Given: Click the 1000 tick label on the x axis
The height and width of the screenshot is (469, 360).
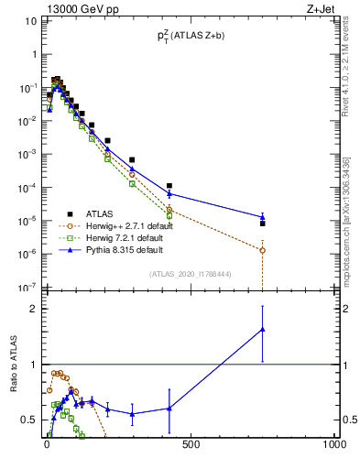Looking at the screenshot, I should (x=333, y=445).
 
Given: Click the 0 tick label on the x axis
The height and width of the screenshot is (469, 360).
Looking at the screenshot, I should (x=47, y=445).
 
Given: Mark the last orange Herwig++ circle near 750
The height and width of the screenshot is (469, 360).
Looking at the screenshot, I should (x=263, y=250).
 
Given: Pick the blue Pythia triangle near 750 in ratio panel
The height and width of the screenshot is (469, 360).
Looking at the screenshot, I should (x=263, y=329).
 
